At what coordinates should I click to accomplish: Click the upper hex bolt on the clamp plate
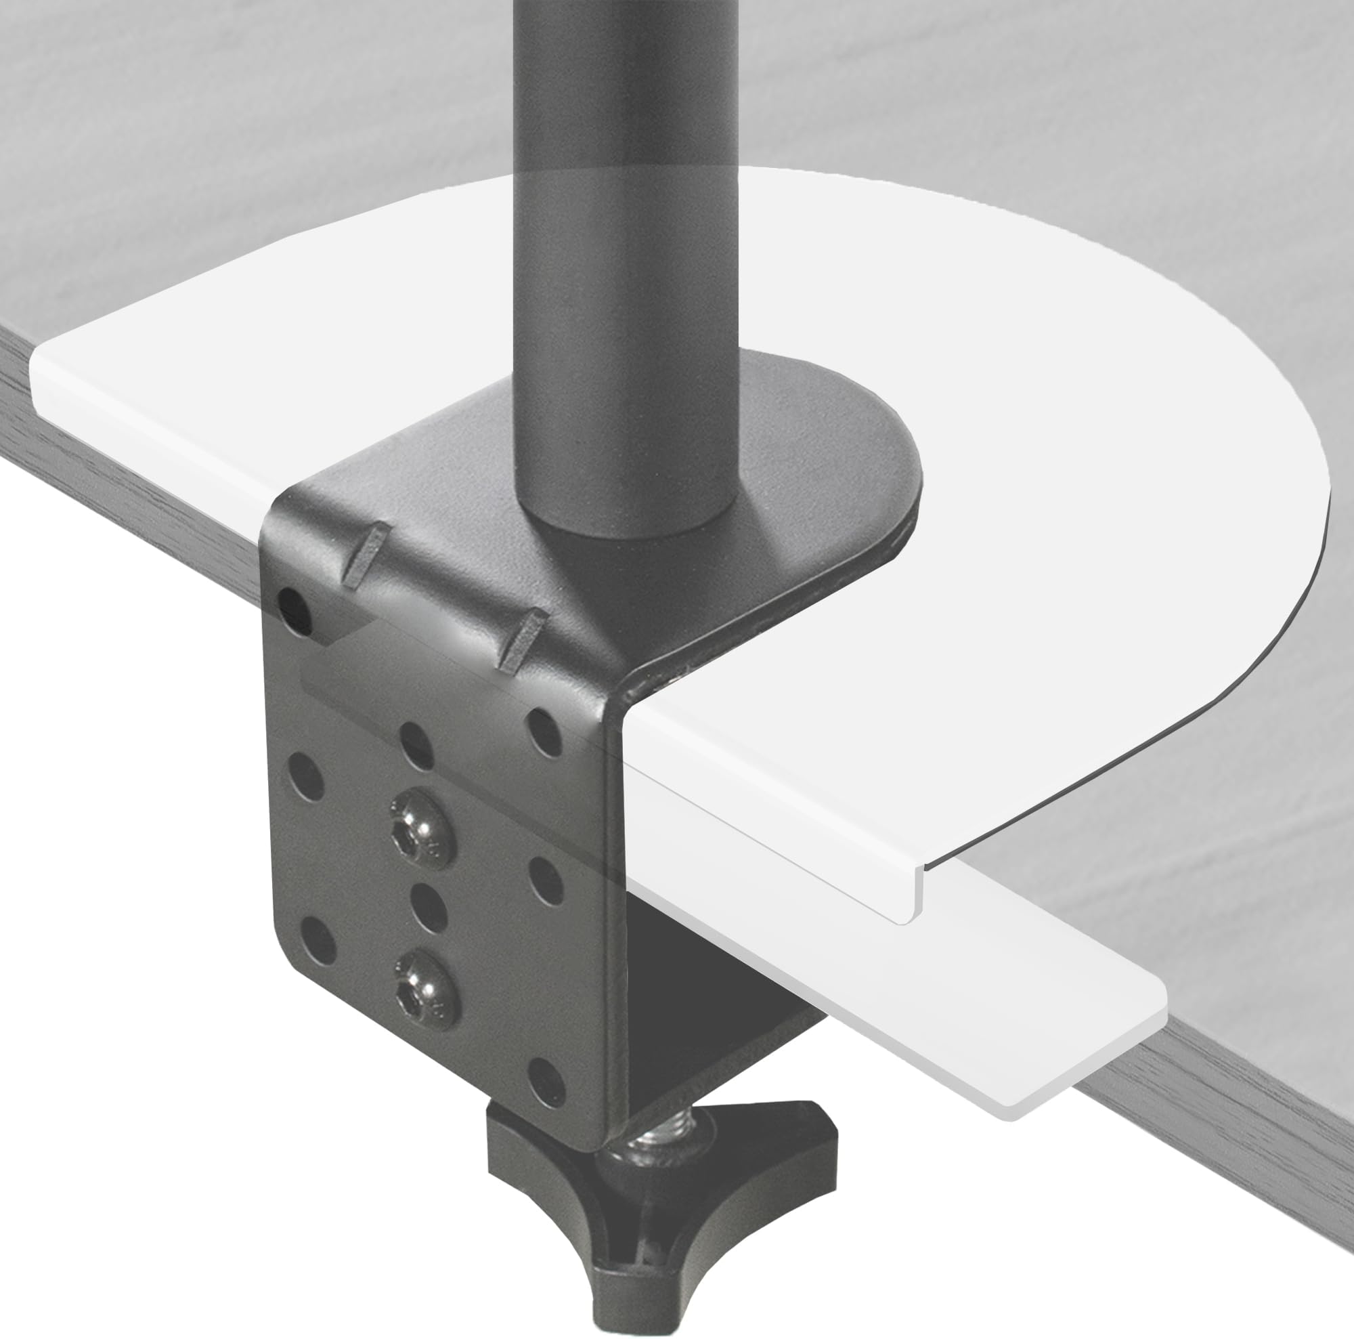[422, 829]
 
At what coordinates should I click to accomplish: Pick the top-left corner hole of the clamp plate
[295, 611]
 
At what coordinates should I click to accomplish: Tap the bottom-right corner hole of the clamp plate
[546, 1092]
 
